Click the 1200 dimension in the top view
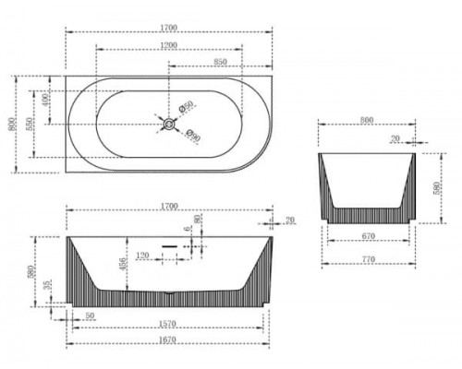coord(167,44)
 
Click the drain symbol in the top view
coord(168,122)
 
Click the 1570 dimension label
coord(167,325)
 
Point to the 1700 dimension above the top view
coord(167,28)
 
